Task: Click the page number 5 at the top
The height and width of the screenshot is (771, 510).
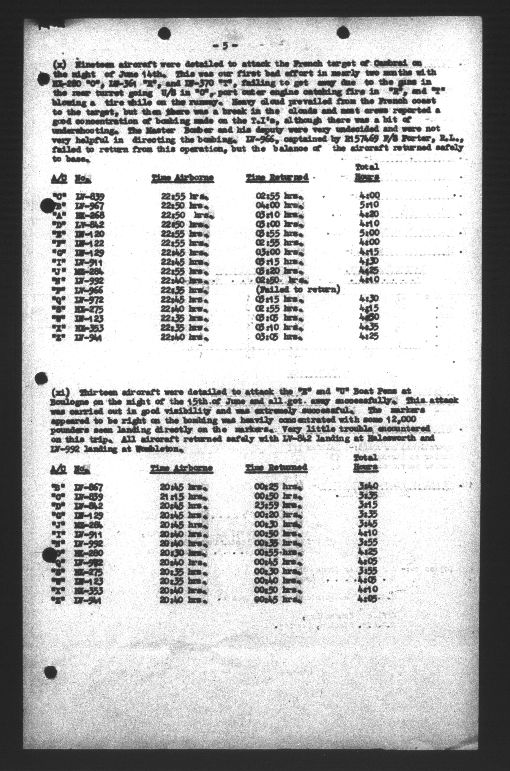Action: click(225, 46)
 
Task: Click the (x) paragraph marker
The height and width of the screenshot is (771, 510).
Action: click(59, 64)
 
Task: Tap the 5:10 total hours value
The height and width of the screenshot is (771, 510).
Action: click(370, 205)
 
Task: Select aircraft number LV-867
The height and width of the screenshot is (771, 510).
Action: click(89, 487)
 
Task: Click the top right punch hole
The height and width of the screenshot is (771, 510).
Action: click(342, 33)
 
